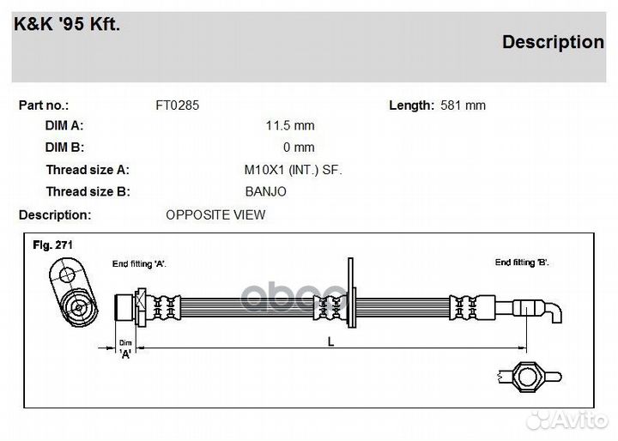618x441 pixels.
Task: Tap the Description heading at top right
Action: (x=552, y=42)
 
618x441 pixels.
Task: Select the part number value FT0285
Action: (x=177, y=106)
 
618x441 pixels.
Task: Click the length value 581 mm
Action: (x=463, y=106)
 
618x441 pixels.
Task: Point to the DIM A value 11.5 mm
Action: (x=289, y=125)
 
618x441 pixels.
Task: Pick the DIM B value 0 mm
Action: (x=299, y=148)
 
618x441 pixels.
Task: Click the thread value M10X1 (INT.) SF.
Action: (x=293, y=170)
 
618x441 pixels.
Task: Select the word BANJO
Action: (x=265, y=192)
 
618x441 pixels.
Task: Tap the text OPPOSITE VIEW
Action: (x=215, y=214)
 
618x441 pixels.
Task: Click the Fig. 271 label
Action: (x=52, y=245)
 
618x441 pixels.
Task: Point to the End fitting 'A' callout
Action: (x=138, y=263)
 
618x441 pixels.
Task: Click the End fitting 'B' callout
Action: (x=522, y=262)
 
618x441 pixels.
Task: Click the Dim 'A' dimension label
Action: (x=125, y=348)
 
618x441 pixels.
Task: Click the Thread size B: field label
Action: (x=88, y=192)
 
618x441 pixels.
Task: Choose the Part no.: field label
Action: (x=44, y=106)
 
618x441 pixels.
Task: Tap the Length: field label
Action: (x=411, y=106)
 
